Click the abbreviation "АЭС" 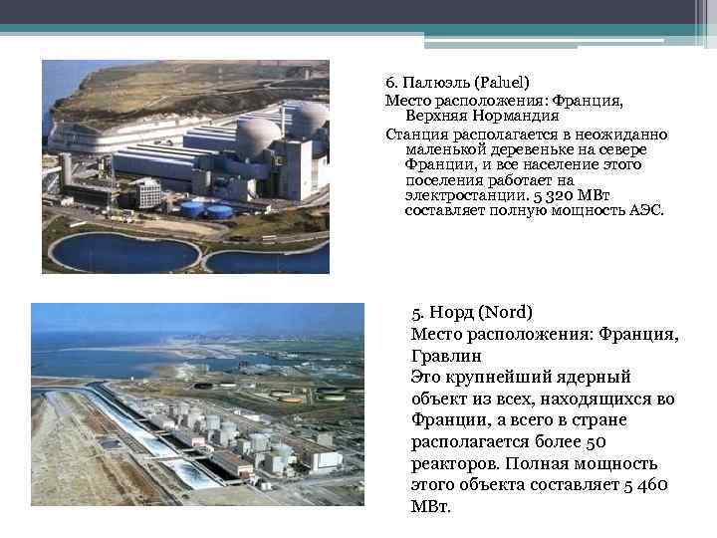[x=645, y=211]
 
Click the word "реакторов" [x=455, y=463]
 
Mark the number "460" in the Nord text [x=650, y=485]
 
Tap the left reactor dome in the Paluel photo [x=258, y=138]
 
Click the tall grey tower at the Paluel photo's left [x=66, y=170]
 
